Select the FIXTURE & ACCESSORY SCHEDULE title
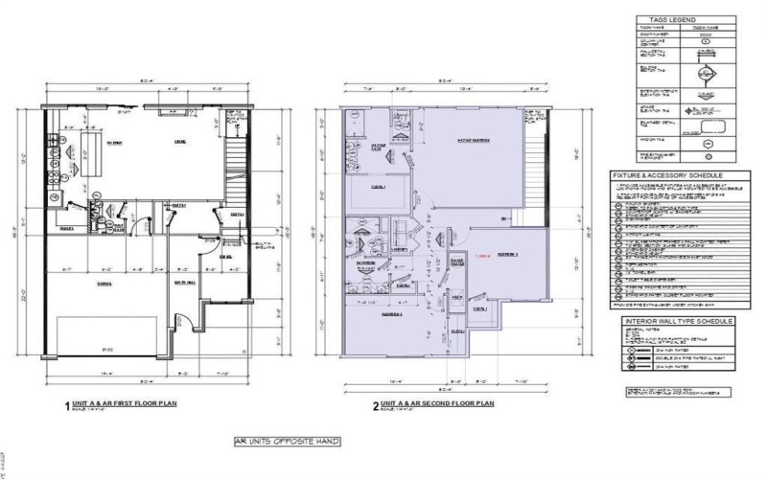(673, 176)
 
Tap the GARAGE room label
(103, 284)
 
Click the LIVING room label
(178, 143)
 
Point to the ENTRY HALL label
(180, 284)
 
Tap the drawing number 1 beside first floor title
(66, 406)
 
